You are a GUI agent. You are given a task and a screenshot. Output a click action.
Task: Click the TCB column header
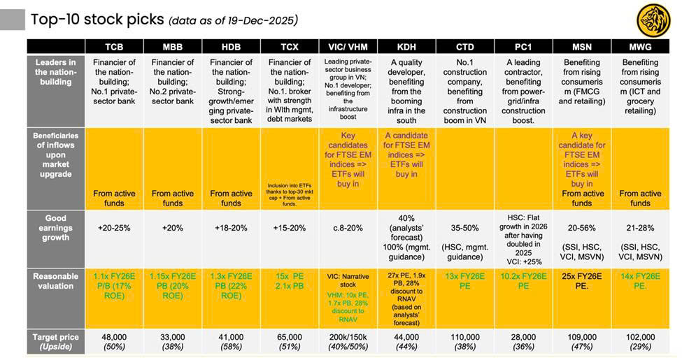[114, 47]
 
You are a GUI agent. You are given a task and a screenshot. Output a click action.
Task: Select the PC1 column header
[523, 47]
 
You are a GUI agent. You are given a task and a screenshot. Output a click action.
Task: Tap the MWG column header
[640, 47]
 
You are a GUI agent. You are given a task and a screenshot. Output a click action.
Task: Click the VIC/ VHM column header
[348, 47]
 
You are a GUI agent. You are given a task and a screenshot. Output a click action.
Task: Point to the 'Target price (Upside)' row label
[55, 342]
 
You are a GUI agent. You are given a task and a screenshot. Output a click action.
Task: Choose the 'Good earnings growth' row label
[55, 228]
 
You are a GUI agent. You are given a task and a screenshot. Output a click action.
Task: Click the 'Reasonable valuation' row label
[55, 281]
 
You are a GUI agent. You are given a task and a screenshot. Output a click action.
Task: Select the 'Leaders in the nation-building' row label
[55, 72]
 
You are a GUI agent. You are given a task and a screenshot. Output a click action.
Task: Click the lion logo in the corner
[653, 20]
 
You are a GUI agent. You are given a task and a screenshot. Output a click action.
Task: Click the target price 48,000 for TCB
[114, 337]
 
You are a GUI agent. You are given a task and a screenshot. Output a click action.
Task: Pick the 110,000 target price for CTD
[464, 337]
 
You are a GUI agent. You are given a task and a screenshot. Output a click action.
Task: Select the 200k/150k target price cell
[348, 337]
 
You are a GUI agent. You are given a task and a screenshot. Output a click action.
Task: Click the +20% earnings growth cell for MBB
[172, 228]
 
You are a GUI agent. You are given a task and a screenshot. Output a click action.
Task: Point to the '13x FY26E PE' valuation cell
[464, 281]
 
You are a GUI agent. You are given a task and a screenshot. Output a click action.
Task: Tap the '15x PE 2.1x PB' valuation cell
[290, 281]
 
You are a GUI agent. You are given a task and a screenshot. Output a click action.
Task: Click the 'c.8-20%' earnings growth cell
[348, 228]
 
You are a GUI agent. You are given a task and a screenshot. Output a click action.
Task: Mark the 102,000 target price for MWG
[640, 337]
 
